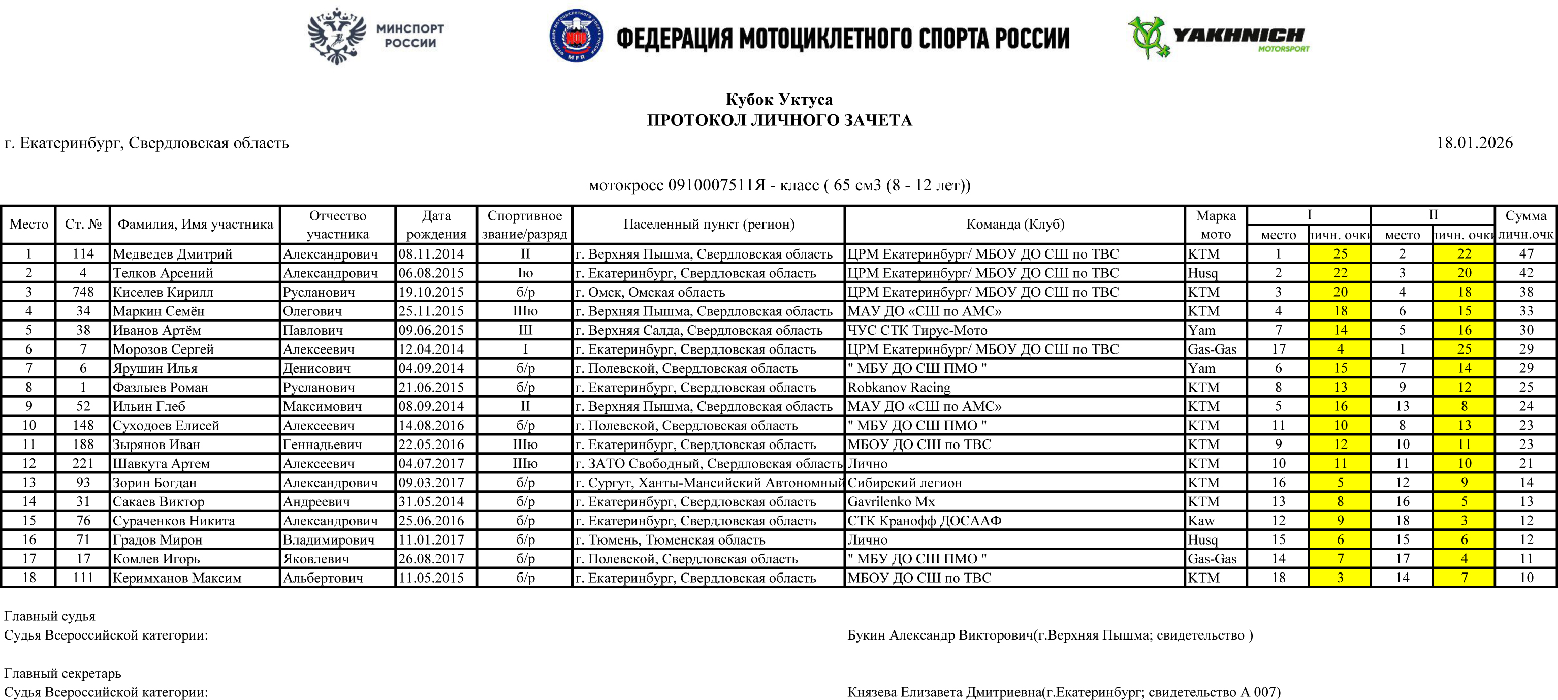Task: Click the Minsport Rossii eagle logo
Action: click(x=337, y=36)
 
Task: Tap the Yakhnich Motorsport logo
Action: click(x=1218, y=38)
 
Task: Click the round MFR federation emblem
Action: click(x=575, y=36)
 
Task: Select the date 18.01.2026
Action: click(x=1474, y=143)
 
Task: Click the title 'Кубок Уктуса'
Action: click(x=779, y=99)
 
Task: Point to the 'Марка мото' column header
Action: click(x=1216, y=225)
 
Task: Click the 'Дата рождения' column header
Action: click(x=436, y=225)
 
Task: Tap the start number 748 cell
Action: click(x=83, y=292)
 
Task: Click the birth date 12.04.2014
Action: click(x=431, y=349)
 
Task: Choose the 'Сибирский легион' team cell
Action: click(x=904, y=483)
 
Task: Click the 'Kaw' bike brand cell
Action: click(x=1201, y=521)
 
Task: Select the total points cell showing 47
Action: click(x=1526, y=254)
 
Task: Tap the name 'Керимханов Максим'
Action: click(x=177, y=578)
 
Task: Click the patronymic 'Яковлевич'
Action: click(x=317, y=559)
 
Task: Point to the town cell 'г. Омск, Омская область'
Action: click(x=650, y=292)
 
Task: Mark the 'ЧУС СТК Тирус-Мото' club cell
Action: click(x=917, y=330)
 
